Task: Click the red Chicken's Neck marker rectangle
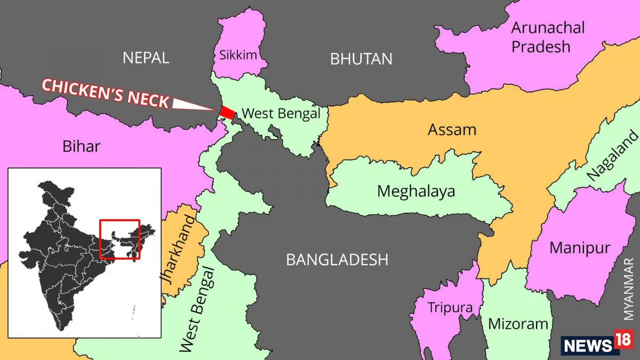click(227, 112)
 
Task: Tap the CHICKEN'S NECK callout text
click(106, 93)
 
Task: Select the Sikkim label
click(238, 54)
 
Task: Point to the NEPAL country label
click(146, 58)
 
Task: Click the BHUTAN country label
click(361, 59)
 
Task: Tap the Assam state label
click(452, 130)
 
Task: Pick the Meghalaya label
click(416, 191)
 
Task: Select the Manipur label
click(579, 247)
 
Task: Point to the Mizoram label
click(518, 324)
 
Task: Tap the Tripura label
click(450, 308)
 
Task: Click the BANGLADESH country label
click(337, 260)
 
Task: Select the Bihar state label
click(80, 146)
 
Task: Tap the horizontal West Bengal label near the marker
click(281, 113)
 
